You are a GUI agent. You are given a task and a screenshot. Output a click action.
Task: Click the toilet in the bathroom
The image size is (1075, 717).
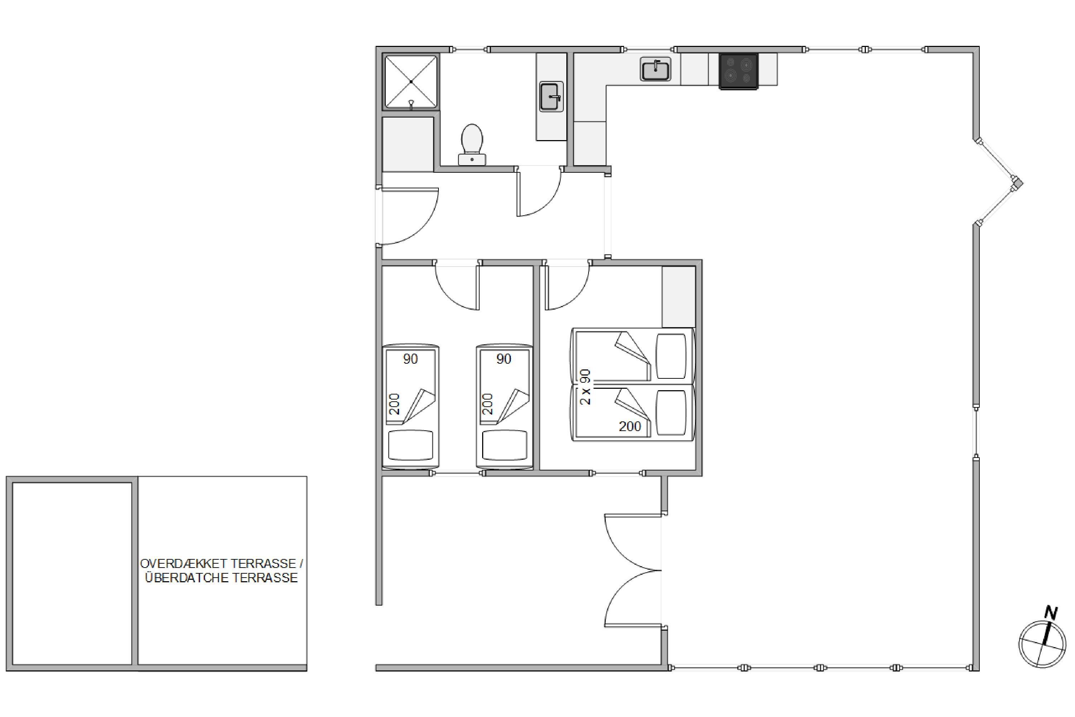click(472, 144)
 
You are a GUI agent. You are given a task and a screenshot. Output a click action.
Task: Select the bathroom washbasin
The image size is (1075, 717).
click(552, 97)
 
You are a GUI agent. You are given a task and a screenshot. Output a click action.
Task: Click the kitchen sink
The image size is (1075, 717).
click(656, 70)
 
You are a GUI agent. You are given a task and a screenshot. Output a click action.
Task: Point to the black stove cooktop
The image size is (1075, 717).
click(739, 71)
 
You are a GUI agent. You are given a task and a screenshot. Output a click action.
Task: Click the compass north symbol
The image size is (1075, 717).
click(1042, 645)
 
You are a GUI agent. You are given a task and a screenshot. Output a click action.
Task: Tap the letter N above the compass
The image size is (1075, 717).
click(1051, 613)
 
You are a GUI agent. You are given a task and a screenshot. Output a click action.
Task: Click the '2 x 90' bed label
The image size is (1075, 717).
click(585, 387)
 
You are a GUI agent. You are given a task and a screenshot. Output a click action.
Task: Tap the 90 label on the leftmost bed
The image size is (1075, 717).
click(411, 359)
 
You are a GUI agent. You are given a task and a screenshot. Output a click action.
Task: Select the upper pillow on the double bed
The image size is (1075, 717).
click(671, 356)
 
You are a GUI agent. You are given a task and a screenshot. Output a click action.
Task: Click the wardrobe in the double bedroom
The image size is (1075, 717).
click(679, 297)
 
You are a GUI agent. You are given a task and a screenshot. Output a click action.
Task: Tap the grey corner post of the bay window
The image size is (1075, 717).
click(1017, 183)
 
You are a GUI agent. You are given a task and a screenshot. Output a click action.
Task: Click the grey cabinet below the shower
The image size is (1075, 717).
click(408, 144)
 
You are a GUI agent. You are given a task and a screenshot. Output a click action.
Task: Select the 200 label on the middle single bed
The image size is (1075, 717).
click(488, 404)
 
